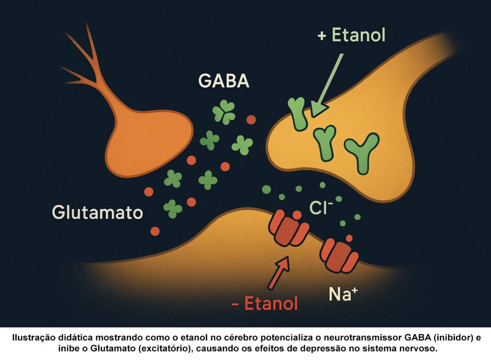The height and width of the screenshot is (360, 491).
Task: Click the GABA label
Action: (224, 81)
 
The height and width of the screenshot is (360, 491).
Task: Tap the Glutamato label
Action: (97, 212)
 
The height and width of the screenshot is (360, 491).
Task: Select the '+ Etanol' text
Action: (351, 35)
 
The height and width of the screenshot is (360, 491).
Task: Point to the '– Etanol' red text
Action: (264, 303)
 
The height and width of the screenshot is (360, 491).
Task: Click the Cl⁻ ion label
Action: (321, 208)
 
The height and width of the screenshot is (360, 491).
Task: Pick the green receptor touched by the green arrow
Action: (299, 113)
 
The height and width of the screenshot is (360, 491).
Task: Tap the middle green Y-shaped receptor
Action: (326, 142)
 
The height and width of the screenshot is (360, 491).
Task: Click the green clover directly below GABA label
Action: (223, 113)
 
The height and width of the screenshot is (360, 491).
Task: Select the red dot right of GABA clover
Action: (251, 119)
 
